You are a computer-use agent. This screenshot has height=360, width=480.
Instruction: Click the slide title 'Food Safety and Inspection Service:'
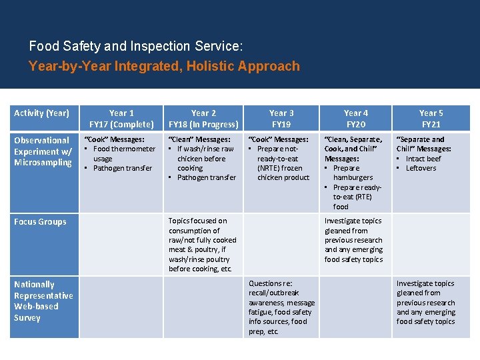point(136,47)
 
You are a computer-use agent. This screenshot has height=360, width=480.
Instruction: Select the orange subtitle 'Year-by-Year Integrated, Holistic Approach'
point(164,66)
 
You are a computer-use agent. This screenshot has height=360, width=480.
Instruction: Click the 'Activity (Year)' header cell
point(41,113)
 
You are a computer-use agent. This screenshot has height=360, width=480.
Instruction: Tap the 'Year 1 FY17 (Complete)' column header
point(121,119)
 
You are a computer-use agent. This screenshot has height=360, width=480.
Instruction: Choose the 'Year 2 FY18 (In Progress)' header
point(203,119)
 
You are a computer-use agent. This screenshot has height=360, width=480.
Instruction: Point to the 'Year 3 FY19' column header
point(281,119)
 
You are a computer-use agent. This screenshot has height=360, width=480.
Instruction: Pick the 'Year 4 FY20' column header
point(355,119)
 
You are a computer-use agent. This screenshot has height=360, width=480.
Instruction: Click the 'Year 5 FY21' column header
point(431,119)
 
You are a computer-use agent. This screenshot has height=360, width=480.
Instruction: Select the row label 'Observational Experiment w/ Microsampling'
point(43,151)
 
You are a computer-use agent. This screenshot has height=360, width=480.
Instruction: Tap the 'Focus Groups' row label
point(40,222)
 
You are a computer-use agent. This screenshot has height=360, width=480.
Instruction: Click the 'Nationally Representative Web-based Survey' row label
point(43,301)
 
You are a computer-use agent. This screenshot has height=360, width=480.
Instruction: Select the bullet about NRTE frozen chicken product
point(281,163)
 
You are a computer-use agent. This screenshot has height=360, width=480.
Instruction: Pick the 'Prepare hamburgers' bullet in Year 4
point(353,173)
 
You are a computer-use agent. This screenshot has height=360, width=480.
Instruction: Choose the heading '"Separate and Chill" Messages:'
point(424,144)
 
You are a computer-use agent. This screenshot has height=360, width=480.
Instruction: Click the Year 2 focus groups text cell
point(203,245)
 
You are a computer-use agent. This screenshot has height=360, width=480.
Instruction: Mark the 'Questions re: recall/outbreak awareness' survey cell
point(281,307)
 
